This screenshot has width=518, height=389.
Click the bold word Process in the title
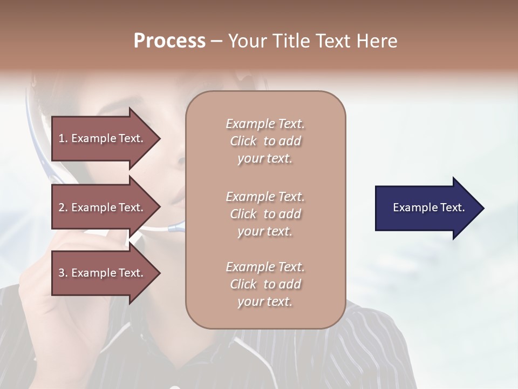pyautogui.click(x=169, y=41)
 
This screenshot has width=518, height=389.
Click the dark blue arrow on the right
pyautogui.click(x=426, y=207)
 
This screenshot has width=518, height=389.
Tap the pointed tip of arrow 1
pyautogui.click(x=159, y=138)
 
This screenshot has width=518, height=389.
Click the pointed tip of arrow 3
pyautogui.click(x=159, y=273)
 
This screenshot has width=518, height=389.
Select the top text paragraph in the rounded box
pyautogui.click(x=265, y=141)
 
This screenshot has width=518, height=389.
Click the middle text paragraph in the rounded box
pyautogui.click(x=265, y=214)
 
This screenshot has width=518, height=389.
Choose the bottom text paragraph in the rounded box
pyautogui.click(x=265, y=284)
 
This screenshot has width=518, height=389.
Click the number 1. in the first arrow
pyautogui.click(x=63, y=138)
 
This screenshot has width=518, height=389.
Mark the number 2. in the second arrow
pyautogui.click(x=63, y=207)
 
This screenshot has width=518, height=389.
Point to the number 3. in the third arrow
pyautogui.click(x=63, y=273)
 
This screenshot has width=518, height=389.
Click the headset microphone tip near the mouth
pyautogui.click(x=176, y=227)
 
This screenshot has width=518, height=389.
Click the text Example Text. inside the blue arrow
pyautogui.click(x=428, y=207)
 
